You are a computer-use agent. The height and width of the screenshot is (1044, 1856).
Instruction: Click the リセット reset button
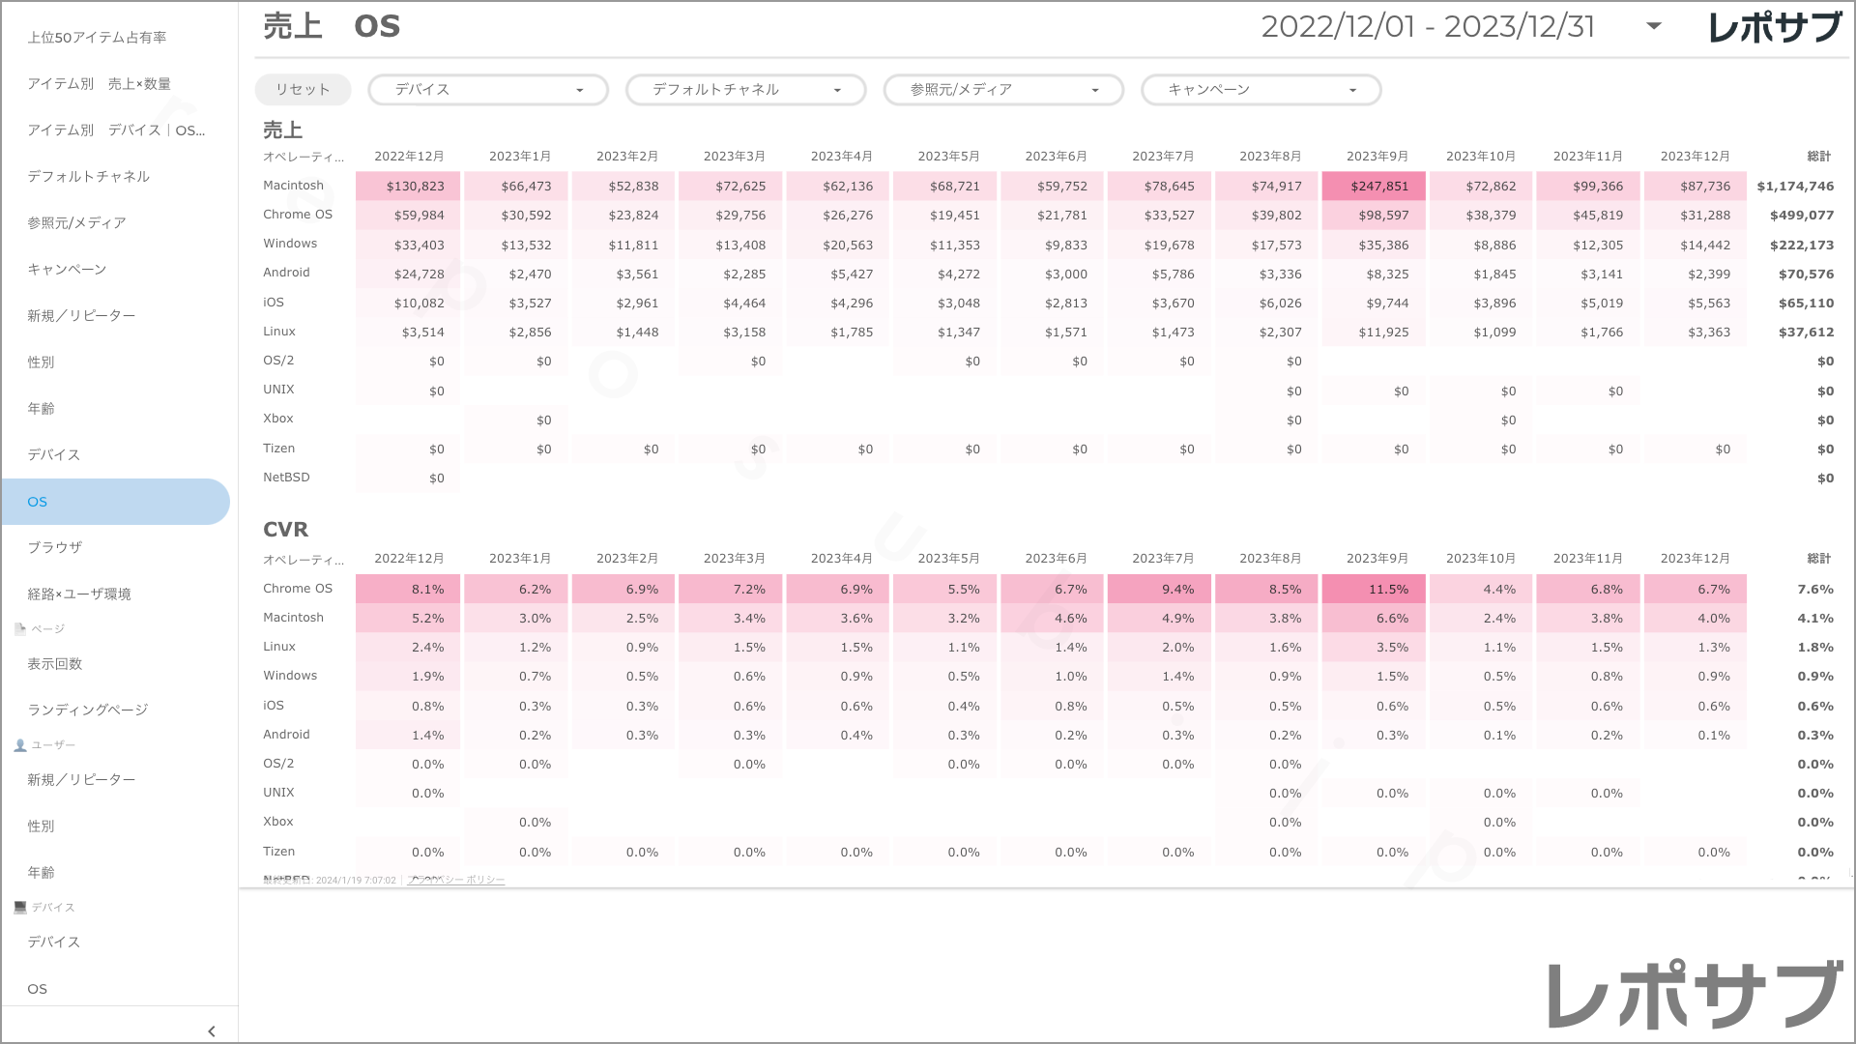point(303,90)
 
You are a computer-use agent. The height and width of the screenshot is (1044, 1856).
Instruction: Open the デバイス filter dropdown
point(488,90)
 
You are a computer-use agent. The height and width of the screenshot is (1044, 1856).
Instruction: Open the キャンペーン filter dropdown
point(1261,90)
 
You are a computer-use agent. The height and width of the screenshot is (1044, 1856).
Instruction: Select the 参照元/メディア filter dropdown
point(1003,90)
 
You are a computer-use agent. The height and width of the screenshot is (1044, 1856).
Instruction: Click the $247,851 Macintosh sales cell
point(1374,186)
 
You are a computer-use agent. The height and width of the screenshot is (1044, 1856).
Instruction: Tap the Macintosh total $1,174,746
point(1795,187)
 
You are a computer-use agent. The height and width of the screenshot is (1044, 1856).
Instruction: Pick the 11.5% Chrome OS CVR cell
point(1374,589)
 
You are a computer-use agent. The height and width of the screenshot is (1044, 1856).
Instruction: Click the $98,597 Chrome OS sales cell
point(1374,216)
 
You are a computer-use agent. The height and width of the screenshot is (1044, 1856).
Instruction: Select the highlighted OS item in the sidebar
point(116,502)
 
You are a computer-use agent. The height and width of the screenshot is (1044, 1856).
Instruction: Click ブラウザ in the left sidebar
point(55,547)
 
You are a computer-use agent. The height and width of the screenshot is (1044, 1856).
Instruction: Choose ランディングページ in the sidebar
point(88,710)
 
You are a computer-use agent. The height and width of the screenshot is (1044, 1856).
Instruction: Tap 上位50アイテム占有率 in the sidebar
point(97,38)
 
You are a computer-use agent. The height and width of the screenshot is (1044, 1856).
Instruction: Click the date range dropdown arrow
point(1654,26)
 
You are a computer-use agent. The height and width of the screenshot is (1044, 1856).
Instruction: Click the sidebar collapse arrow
point(212,1031)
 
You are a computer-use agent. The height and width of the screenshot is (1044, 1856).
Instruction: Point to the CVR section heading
point(285,530)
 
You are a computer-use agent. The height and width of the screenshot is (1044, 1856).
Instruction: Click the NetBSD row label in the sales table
point(286,478)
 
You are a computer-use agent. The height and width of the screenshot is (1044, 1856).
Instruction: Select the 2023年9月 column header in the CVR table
point(1377,559)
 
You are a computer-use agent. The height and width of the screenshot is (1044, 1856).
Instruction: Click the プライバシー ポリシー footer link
point(456,880)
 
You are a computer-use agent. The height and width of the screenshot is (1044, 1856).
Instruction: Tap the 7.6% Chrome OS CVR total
point(1815,590)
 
